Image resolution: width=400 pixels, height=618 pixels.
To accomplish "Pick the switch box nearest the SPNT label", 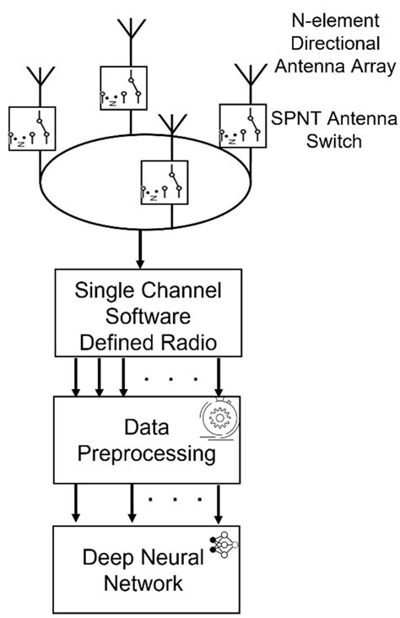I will click(x=242, y=127).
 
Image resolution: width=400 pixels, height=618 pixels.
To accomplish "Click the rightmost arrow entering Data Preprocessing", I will click(x=220, y=376).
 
